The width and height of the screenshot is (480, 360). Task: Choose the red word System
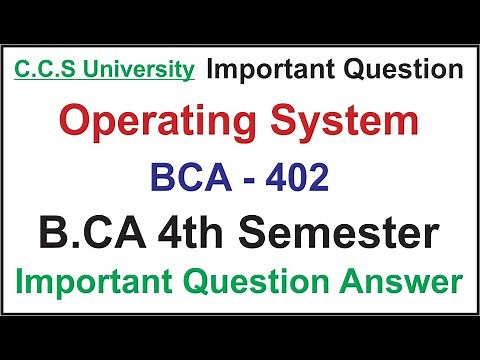pos(348,125)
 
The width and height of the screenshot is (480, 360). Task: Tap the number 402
pos(299,180)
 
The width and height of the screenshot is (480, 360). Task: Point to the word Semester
pos(356,235)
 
